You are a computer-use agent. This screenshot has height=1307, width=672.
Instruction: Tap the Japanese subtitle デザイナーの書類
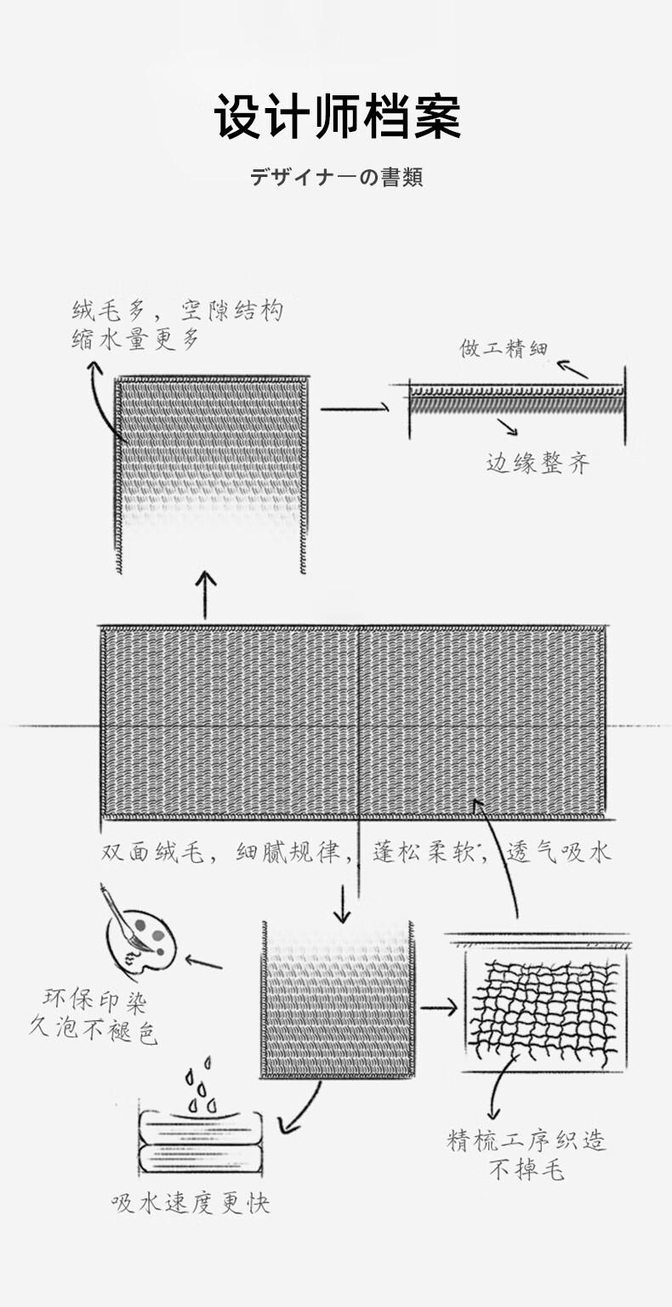pos(336,178)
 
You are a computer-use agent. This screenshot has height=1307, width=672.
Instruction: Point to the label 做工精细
pos(504,348)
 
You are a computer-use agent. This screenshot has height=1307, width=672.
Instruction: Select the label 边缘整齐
pos(538,463)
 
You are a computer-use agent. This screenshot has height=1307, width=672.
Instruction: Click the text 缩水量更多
pos(135,339)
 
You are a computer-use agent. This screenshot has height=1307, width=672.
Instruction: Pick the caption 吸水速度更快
pos(191,1203)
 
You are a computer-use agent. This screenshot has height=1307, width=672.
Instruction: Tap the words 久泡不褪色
pos(94,1031)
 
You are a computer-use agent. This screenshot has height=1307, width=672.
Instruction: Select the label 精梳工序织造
pos(527,1141)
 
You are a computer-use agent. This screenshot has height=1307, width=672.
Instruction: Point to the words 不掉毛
pos(527,1171)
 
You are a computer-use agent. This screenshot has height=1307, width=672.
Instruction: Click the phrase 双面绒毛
pos(153,852)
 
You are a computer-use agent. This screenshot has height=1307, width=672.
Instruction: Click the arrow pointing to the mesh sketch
pos(439,1007)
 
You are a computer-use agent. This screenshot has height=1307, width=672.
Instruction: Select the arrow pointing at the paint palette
pos(203,964)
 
